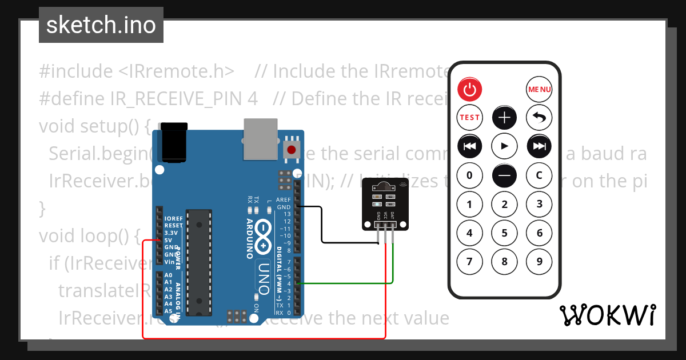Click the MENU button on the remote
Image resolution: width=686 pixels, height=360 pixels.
click(539, 89)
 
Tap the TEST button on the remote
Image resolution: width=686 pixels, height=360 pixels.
click(470, 118)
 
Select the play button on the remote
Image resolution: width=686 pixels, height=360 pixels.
click(505, 146)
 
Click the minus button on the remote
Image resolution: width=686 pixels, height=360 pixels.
click(505, 175)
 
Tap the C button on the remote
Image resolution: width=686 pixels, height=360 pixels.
click(539, 175)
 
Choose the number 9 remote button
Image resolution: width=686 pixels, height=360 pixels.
click(539, 262)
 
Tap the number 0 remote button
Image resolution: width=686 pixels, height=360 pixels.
click(470, 175)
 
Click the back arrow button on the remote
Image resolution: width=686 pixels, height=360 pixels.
click(539, 118)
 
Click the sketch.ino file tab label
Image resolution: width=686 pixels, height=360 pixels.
click(101, 25)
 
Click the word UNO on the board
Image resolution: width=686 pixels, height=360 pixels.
click(264, 278)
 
